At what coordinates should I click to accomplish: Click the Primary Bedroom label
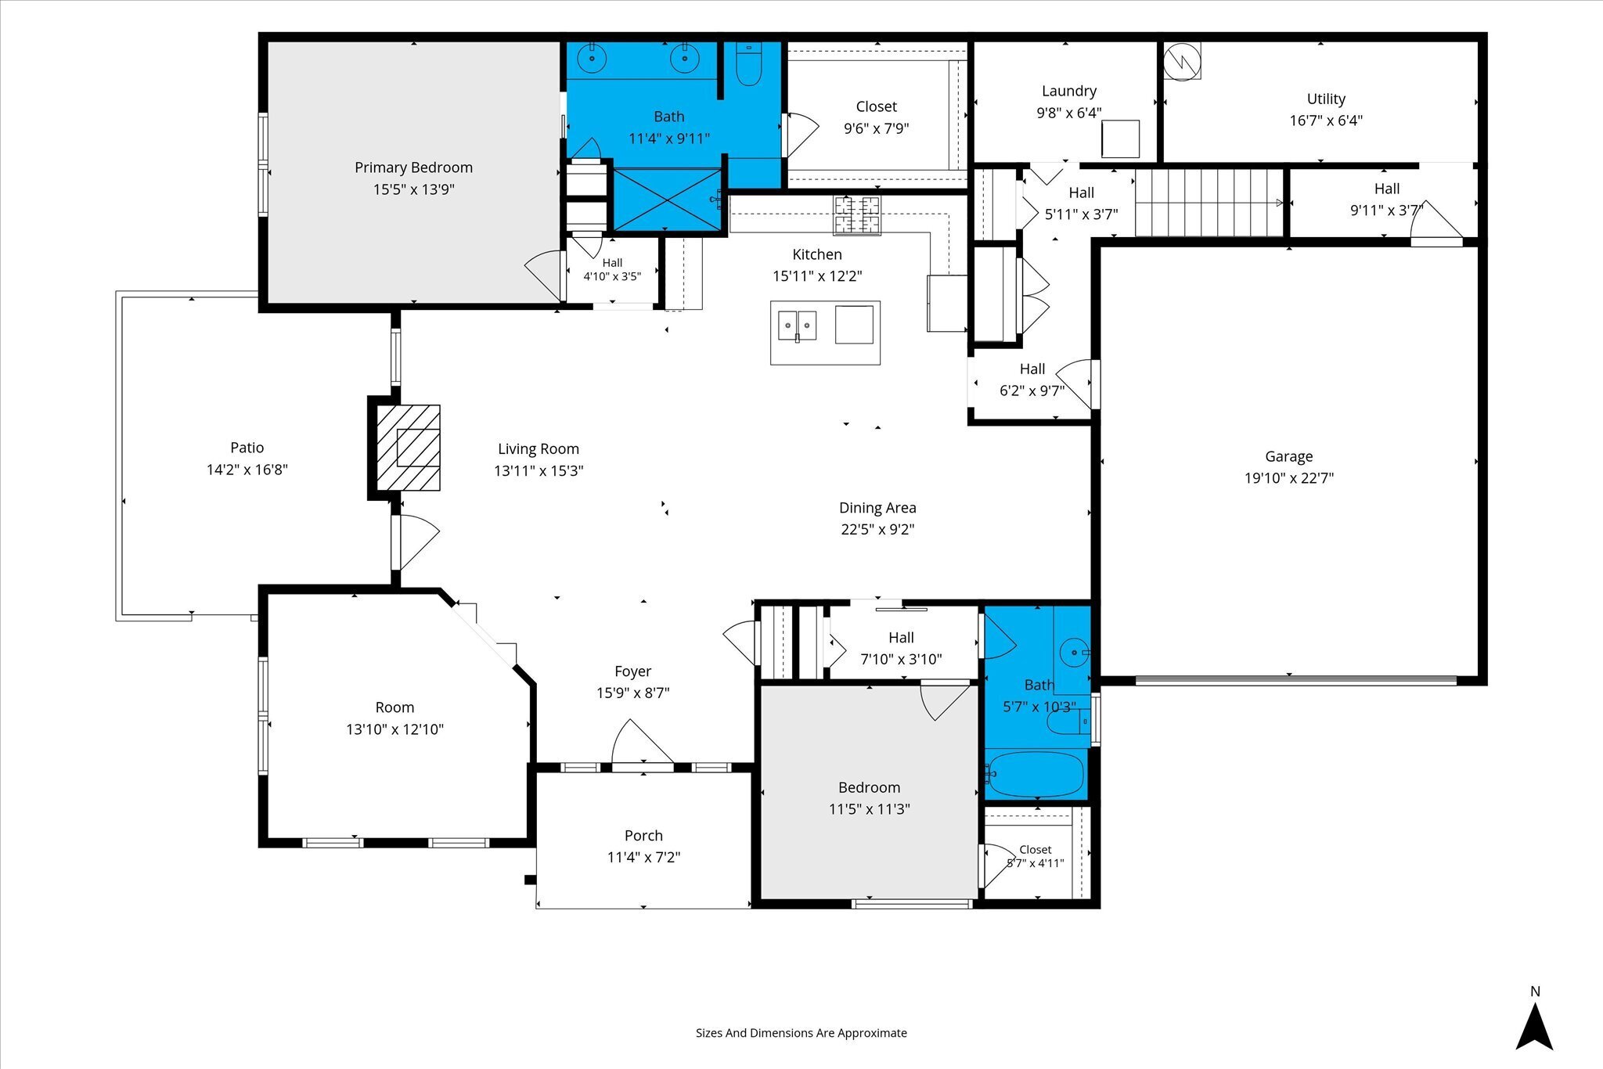(x=413, y=167)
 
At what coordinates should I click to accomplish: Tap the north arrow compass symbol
(x=1534, y=1027)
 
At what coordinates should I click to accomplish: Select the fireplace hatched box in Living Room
(x=408, y=448)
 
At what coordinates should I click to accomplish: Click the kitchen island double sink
(x=797, y=326)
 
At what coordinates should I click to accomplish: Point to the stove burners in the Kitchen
(x=856, y=215)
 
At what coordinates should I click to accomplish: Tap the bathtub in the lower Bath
(x=1034, y=773)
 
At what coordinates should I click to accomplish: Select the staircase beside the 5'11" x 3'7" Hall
(x=1209, y=203)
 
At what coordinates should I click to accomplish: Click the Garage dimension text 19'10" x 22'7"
(x=1289, y=478)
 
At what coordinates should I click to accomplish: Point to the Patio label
(x=247, y=448)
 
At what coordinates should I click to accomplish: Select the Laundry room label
(x=1069, y=92)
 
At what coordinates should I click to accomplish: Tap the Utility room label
(x=1326, y=99)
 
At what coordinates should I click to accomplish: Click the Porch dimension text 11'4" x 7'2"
(x=643, y=857)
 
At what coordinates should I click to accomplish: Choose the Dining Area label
(x=877, y=508)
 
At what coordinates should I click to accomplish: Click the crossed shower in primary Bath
(x=667, y=200)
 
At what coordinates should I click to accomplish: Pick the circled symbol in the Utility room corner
(x=1182, y=61)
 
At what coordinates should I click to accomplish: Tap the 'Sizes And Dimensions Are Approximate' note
(x=801, y=1033)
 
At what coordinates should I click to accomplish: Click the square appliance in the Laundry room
(x=1120, y=139)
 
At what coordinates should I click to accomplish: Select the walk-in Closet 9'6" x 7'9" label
(x=877, y=106)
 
